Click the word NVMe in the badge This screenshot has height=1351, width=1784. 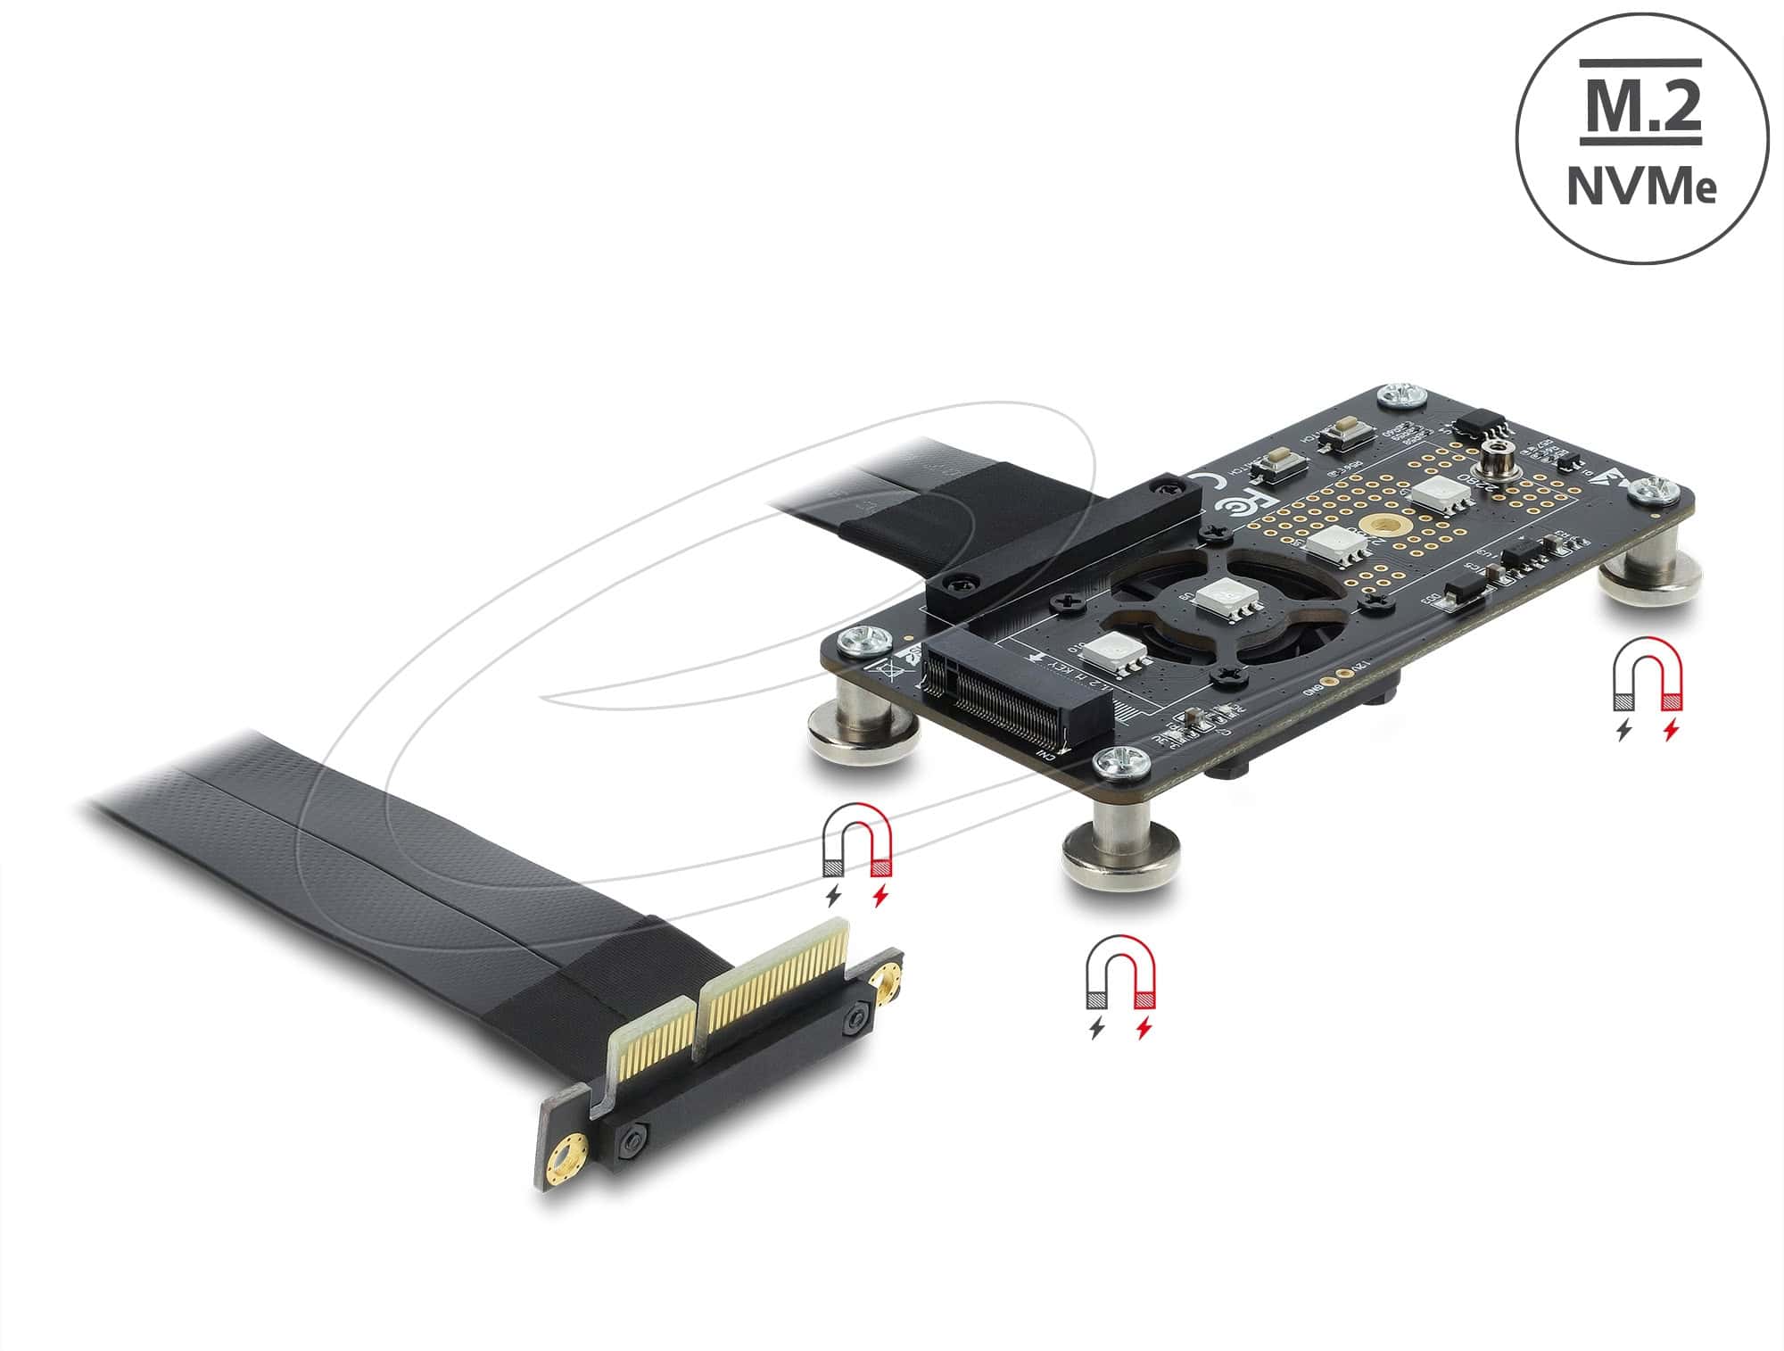[x=1642, y=190]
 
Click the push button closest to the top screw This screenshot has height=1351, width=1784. [x=1335, y=436]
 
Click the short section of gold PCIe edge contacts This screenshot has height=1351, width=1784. [x=650, y=1040]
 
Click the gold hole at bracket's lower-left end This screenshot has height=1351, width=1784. [x=567, y=1161]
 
